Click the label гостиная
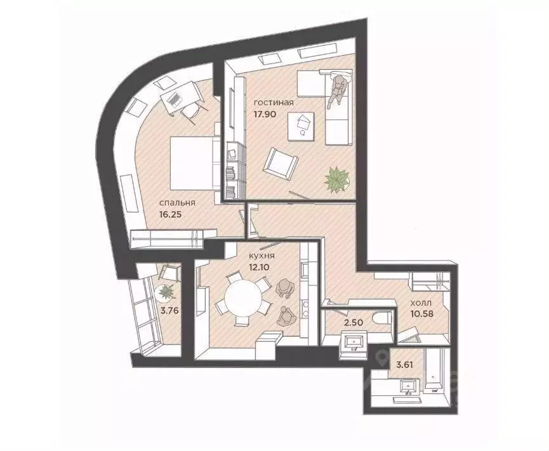tap(274, 103)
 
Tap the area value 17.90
tap(265, 114)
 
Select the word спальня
tap(177, 203)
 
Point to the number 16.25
tap(171, 214)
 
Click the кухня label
tap(261, 256)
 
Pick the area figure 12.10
tap(260, 267)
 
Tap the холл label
tap(421, 303)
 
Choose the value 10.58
tap(422, 314)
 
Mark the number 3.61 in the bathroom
tap(404, 365)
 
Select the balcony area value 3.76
tap(169, 310)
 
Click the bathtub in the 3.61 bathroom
tap(434, 372)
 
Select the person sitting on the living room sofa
tap(338, 90)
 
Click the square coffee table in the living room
tap(301, 126)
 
